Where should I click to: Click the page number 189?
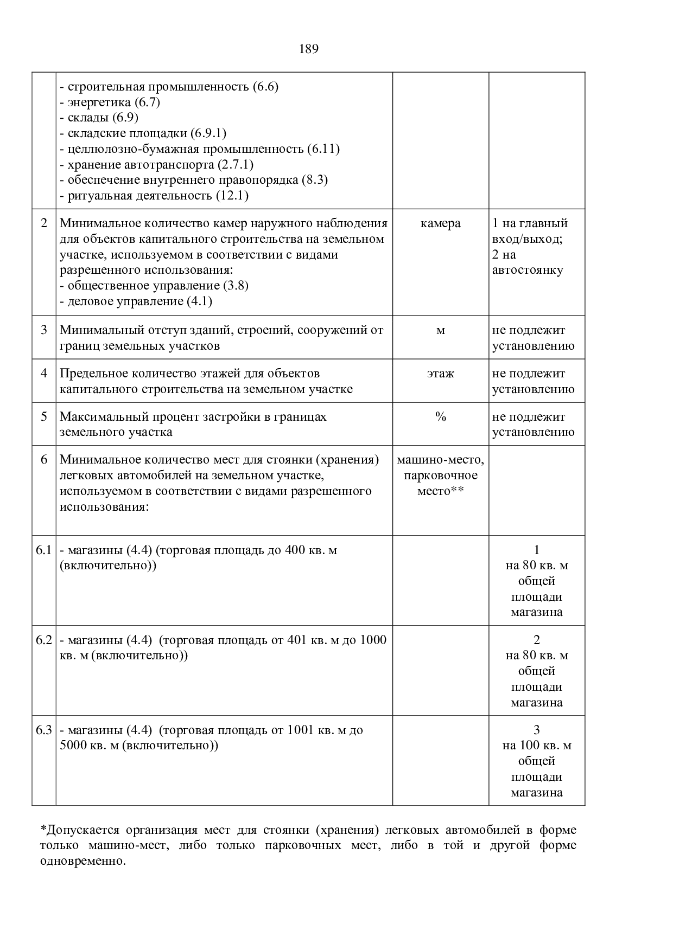point(308,49)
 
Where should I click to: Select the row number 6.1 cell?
point(43,550)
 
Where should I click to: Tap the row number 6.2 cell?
point(43,640)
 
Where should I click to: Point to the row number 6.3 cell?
point(43,730)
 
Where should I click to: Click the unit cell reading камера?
point(440,223)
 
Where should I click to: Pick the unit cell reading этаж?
point(440,374)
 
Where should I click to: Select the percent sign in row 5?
point(440,417)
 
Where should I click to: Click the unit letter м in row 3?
point(440,330)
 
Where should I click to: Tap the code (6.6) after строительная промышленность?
point(265,87)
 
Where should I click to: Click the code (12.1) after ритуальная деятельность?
point(232,196)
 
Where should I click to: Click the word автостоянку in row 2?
point(528,270)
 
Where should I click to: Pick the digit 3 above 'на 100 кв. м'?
point(536,730)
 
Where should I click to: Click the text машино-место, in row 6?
point(440,460)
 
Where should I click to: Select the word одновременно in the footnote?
point(82,862)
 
